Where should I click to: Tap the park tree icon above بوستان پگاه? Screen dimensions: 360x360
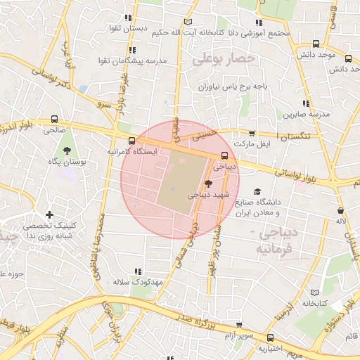pos(67,150)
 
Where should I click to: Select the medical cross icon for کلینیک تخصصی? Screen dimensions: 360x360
pos(49,214)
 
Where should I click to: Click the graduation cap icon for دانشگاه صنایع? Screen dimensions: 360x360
pos(257,191)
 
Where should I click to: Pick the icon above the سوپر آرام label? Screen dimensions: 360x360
pos(240,326)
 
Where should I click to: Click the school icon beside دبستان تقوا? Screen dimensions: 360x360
pos(127,18)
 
